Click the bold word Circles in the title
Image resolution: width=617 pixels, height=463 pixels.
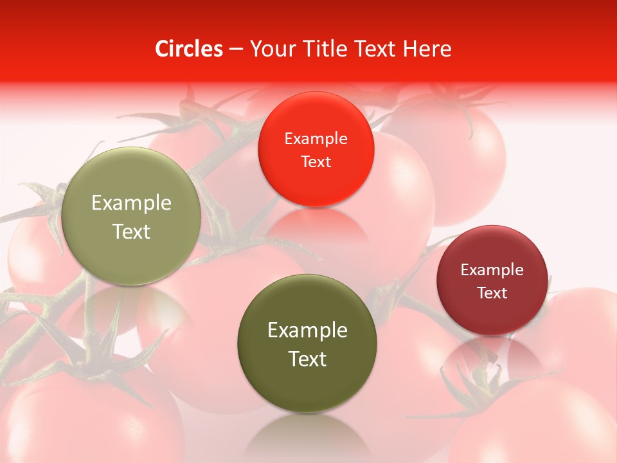point(189,49)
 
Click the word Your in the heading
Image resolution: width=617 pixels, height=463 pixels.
point(271,49)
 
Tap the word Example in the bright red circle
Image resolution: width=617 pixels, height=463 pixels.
point(316,139)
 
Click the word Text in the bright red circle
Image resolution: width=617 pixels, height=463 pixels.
point(316,161)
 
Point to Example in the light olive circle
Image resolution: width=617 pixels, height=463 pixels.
point(131,203)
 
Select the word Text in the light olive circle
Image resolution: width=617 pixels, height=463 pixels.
point(131,232)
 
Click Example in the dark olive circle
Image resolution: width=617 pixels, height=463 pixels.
point(307,331)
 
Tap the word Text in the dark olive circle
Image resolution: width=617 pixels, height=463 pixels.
point(307,359)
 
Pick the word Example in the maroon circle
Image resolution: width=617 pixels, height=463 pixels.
point(492,270)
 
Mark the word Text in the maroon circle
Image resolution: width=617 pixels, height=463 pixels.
point(492,293)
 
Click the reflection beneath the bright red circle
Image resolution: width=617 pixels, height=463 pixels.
point(316,225)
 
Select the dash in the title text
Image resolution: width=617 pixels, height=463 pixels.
point(236,49)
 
